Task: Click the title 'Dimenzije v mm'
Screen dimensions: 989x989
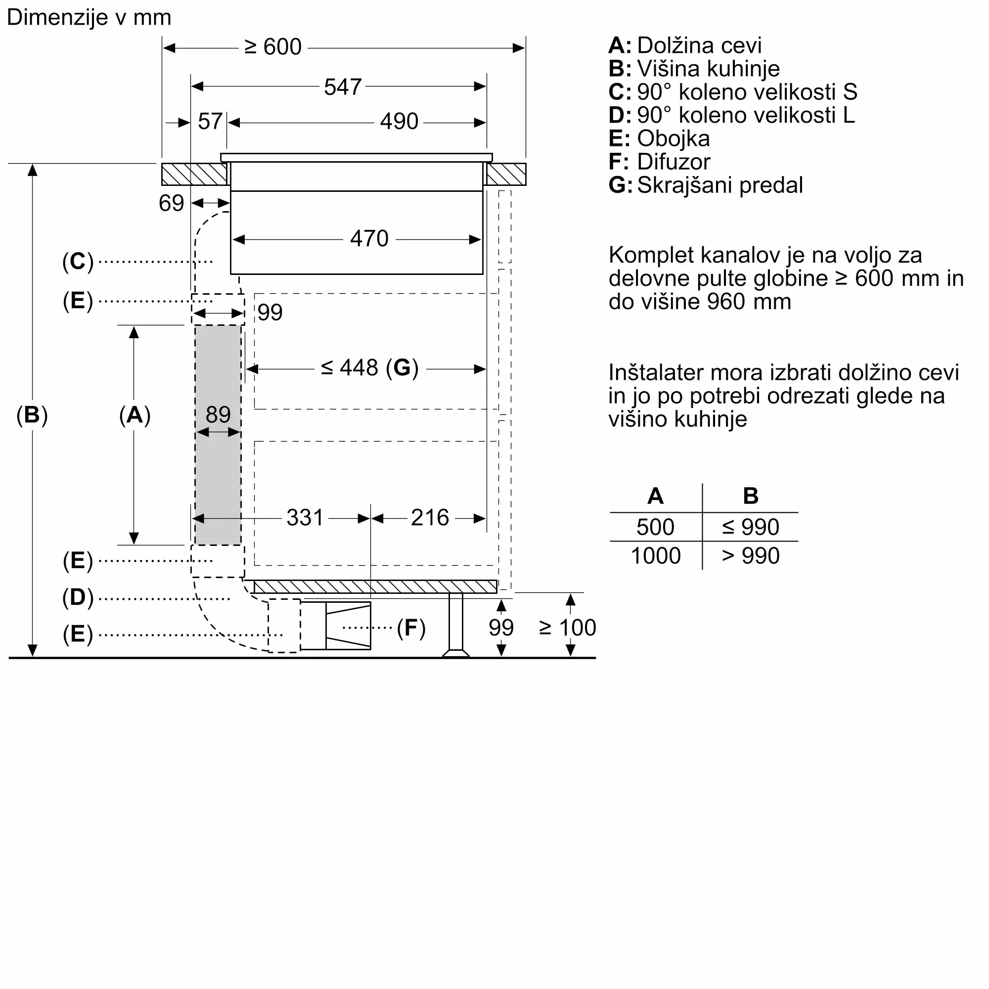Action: [89, 18]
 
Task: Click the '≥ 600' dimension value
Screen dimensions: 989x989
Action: [273, 47]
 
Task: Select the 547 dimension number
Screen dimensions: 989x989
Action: [343, 87]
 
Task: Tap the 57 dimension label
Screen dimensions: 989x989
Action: [210, 122]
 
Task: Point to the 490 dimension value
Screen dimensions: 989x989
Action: [399, 122]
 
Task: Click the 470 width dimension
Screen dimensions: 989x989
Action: [369, 239]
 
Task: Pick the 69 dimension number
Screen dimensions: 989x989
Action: [171, 203]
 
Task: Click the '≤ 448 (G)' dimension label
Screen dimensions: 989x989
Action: [369, 368]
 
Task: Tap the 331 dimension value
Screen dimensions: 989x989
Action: [305, 518]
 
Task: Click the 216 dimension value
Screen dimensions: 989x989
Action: [430, 518]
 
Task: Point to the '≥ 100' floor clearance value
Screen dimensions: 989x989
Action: [567, 628]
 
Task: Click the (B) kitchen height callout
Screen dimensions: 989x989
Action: [32, 415]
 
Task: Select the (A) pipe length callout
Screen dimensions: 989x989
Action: [135, 415]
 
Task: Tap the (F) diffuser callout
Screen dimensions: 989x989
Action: [411, 628]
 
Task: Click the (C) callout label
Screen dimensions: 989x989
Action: [78, 262]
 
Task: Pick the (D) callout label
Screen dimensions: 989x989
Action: [78, 597]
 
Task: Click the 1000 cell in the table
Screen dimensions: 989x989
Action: [656, 556]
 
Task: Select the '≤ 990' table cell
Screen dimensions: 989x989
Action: [751, 527]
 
